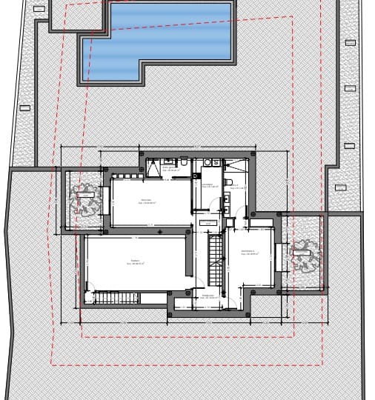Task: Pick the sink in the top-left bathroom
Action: point(170,161)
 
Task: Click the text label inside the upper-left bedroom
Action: point(146,201)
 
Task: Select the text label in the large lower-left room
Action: point(136,261)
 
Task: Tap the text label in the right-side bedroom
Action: point(248,253)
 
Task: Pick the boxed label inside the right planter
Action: point(301,253)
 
